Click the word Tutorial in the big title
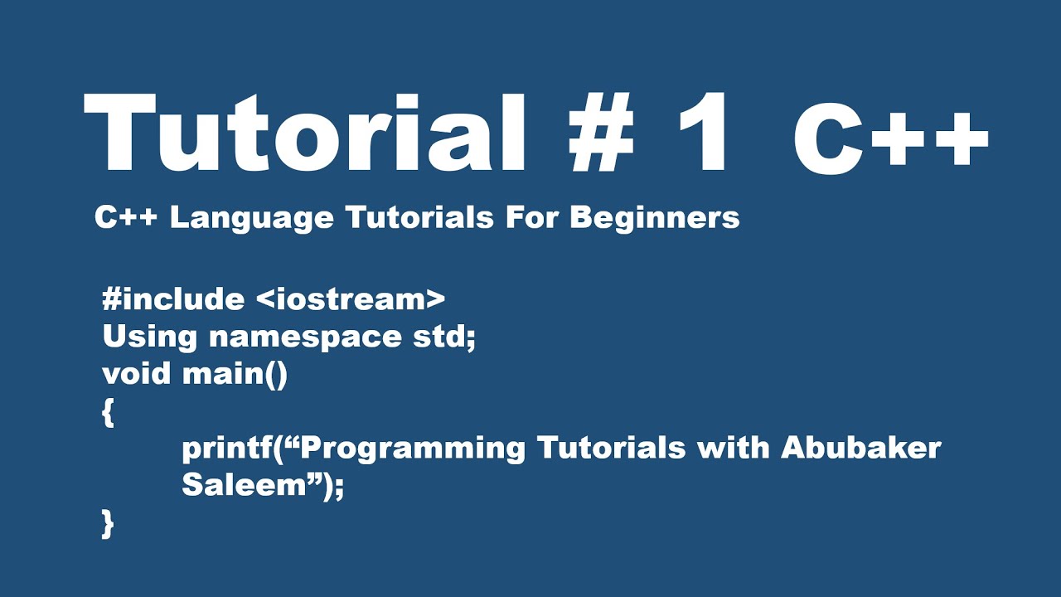[x=303, y=134]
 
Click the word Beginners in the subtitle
[x=655, y=217]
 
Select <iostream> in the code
[x=351, y=299]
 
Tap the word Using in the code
[x=149, y=337]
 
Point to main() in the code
[x=235, y=374]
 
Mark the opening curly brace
[x=108, y=413]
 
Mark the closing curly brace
[x=108, y=524]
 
